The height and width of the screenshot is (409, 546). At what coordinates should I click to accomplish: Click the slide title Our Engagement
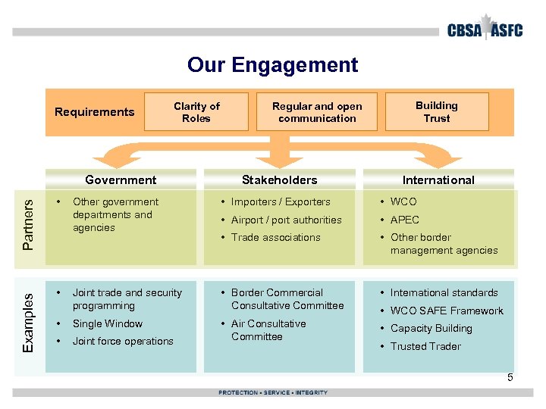(x=272, y=65)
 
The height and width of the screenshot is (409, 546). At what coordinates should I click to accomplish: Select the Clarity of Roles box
(x=196, y=112)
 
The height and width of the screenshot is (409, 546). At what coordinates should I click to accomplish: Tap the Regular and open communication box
(x=317, y=112)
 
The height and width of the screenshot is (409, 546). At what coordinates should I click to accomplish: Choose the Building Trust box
(x=437, y=112)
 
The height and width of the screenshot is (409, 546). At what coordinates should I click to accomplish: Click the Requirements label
(x=95, y=112)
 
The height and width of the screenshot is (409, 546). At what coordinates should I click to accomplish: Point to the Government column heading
(x=121, y=180)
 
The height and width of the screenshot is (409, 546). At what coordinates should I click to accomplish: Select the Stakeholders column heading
(x=279, y=180)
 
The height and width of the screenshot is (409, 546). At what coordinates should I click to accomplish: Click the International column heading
(x=438, y=180)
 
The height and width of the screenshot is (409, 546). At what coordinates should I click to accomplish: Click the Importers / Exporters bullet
(x=281, y=202)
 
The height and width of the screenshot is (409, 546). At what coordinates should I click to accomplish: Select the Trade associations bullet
(x=275, y=238)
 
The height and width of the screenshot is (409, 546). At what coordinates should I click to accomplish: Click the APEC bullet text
(x=405, y=220)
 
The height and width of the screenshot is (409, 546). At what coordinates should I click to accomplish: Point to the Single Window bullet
(x=108, y=323)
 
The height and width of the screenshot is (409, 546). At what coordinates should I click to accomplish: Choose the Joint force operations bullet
(x=123, y=342)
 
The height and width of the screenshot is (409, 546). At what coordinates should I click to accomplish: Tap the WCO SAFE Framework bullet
(x=447, y=311)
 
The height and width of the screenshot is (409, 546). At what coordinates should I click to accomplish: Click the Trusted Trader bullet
(x=425, y=346)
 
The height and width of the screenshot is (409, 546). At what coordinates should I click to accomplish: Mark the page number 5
(x=510, y=377)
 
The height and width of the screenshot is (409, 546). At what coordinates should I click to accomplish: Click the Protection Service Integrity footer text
(x=273, y=392)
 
